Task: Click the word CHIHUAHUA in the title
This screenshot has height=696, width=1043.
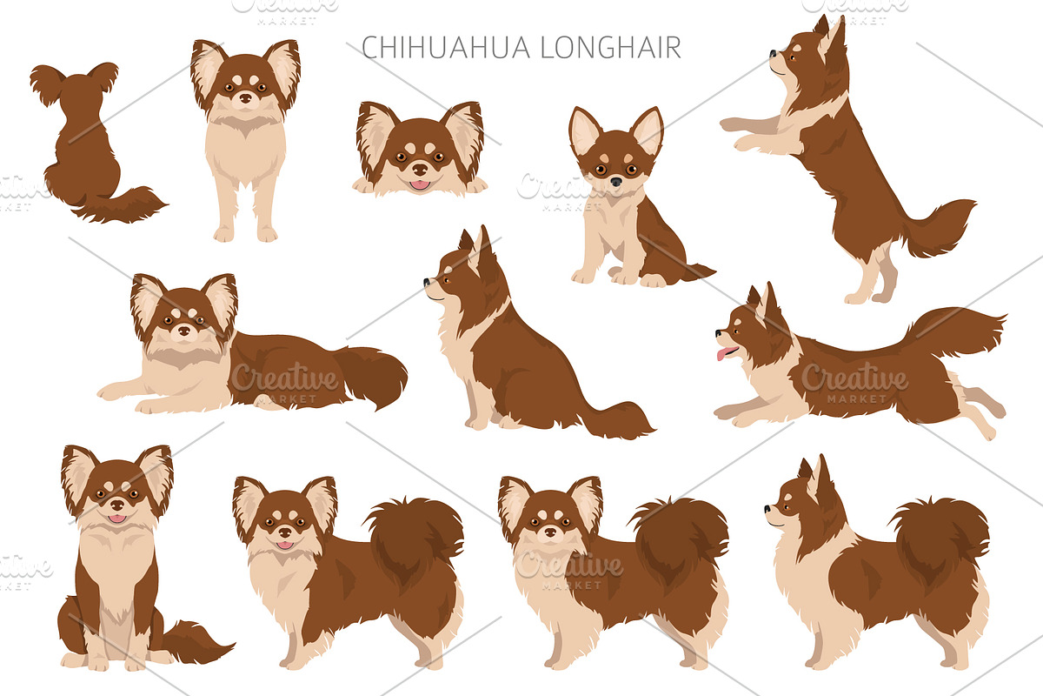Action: coord(446,47)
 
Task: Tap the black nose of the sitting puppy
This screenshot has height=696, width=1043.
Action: coord(616,181)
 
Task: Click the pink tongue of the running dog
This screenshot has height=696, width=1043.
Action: coord(723,353)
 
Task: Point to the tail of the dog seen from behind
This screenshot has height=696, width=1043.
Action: coord(123,205)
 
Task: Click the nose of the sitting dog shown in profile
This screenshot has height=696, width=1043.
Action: coord(427,282)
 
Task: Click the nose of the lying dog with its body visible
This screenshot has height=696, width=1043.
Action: coord(184,331)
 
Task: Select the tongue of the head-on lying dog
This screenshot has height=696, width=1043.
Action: coord(420,185)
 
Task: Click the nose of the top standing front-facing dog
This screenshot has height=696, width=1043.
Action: coord(245,98)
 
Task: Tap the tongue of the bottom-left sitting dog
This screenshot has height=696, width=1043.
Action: coord(116,518)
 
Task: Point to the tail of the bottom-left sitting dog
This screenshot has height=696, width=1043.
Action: coord(196,642)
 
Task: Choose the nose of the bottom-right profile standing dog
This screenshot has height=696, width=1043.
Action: coord(767,509)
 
